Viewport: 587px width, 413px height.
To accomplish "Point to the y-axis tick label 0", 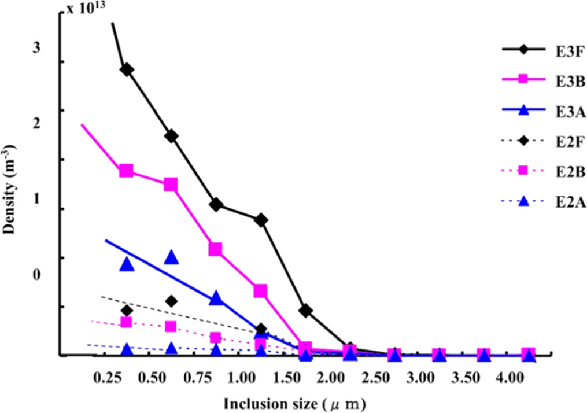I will pos(37,274).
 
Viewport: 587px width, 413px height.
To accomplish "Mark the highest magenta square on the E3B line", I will pos(126,171).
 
